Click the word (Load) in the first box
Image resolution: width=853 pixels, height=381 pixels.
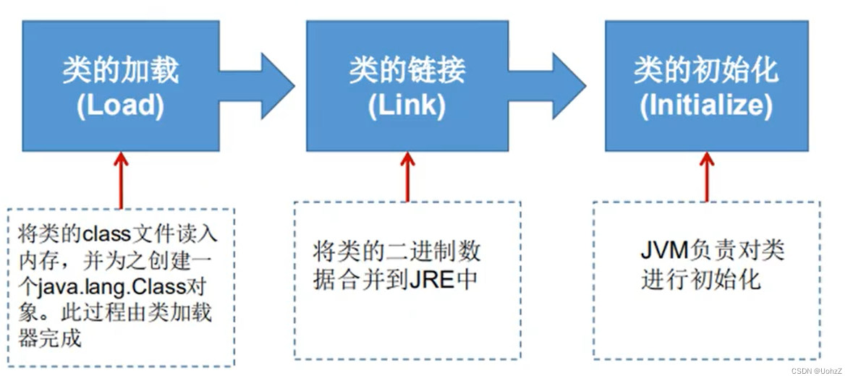[x=120, y=106]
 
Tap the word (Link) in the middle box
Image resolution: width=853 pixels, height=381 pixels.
[x=406, y=106]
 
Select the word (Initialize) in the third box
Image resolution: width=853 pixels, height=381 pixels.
[x=706, y=106]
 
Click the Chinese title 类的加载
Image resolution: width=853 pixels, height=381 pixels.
[x=120, y=71]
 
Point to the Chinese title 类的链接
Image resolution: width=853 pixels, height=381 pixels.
[x=407, y=71]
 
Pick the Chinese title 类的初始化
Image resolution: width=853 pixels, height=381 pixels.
[x=706, y=71]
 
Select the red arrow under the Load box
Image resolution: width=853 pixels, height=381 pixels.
[x=121, y=180]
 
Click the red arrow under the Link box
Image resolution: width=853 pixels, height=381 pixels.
[x=407, y=176]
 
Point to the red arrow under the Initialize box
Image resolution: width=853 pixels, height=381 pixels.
[x=706, y=176]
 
